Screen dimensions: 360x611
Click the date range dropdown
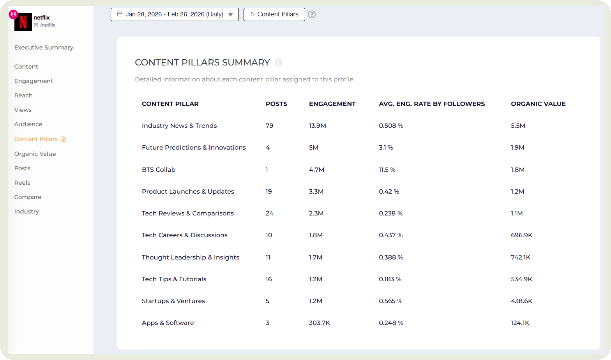click(175, 14)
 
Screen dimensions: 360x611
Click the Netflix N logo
click(23, 22)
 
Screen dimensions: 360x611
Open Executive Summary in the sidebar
click(44, 48)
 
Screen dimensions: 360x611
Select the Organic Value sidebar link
click(35, 154)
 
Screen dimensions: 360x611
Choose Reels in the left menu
click(22, 183)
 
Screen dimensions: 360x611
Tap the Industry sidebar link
click(26, 212)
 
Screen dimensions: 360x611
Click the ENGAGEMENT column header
click(332, 104)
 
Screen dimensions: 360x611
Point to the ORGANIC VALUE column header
click(538, 104)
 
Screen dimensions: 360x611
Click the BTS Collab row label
click(159, 170)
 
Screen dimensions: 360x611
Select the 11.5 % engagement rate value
click(387, 170)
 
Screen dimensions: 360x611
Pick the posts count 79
click(269, 126)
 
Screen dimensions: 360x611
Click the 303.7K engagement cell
click(319, 323)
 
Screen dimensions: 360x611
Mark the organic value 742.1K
click(521, 258)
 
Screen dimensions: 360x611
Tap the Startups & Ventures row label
click(173, 301)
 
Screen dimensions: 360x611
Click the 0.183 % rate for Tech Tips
click(390, 279)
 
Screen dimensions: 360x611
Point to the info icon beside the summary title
click(278, 62)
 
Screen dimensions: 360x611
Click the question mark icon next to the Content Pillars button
click(312, 14)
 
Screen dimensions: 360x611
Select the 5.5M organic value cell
click(518, 126)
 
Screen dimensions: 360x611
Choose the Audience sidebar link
click(28, 124)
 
